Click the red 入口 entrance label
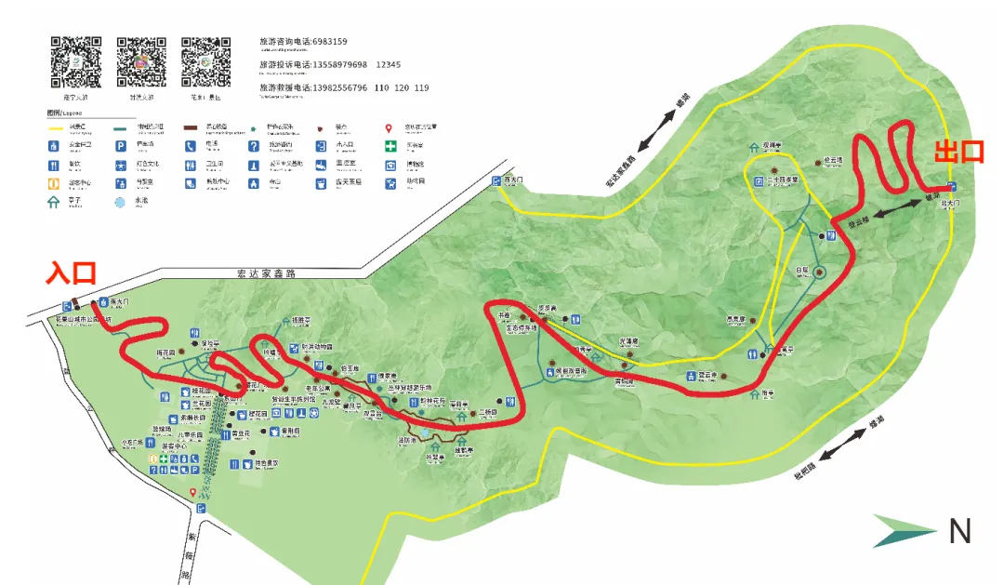point(72,273)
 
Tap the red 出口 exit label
point(958,153)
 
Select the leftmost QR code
point(75,62)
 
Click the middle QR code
point(140,62)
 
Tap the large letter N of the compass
point(959,532)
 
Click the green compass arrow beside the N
point(904,532)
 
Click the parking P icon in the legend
point(120,146)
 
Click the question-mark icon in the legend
point(253,146)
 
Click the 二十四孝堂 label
point(782,180)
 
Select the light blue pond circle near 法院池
point(425,433)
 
